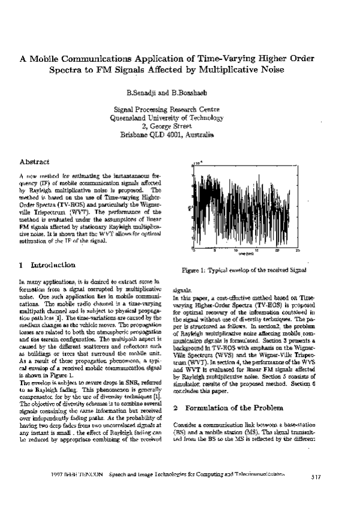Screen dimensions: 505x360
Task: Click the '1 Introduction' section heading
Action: point(47,264)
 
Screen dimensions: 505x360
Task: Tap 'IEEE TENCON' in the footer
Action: point(85,474)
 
